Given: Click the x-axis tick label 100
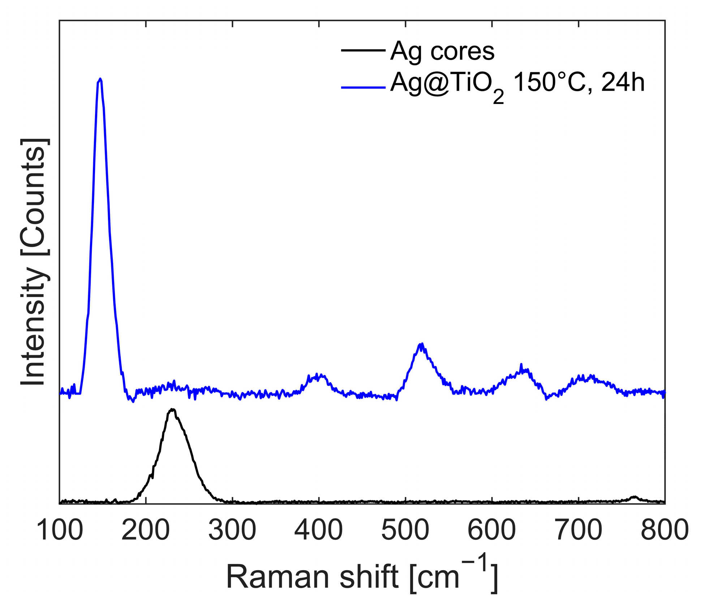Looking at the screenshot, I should (60, 530).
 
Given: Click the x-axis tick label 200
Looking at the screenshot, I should (146, 530).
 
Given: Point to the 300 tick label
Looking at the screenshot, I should (232, 530).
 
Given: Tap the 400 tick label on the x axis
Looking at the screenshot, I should (319, 530).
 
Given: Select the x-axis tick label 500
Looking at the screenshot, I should (405, 530).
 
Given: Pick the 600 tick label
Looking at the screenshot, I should (492, 530).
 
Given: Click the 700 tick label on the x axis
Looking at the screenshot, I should (579, 530).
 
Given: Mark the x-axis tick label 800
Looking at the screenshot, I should (665, 530).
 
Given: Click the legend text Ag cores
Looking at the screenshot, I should (442, 51).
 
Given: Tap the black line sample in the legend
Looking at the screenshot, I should (363, 50).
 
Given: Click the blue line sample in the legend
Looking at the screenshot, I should (363, 87).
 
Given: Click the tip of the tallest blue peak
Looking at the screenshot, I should (100, 78).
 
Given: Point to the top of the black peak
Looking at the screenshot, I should (173, 409).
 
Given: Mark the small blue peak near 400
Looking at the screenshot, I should (317, 374).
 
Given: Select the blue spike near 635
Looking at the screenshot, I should (521, 364).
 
